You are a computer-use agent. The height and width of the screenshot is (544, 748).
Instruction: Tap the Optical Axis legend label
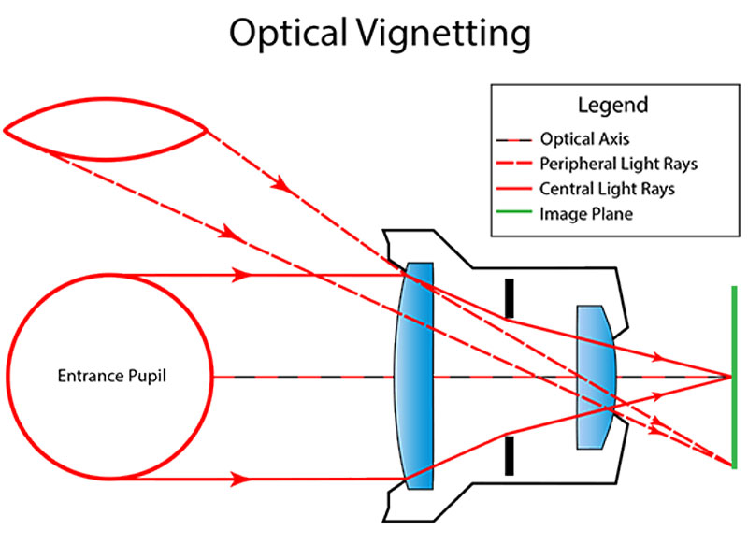click(589, 139)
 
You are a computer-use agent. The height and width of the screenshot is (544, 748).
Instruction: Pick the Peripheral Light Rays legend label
click(618, 165)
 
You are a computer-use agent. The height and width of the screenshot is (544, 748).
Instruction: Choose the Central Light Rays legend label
click(607, 189)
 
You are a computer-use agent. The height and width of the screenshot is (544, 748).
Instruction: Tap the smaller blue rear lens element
click(595, 376)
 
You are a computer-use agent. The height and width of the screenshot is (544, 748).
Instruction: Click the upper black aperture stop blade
click(508, 297)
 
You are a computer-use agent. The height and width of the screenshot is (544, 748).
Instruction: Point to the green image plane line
click(735, 376)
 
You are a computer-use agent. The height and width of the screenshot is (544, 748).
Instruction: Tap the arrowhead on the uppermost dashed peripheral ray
click(281, 187)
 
